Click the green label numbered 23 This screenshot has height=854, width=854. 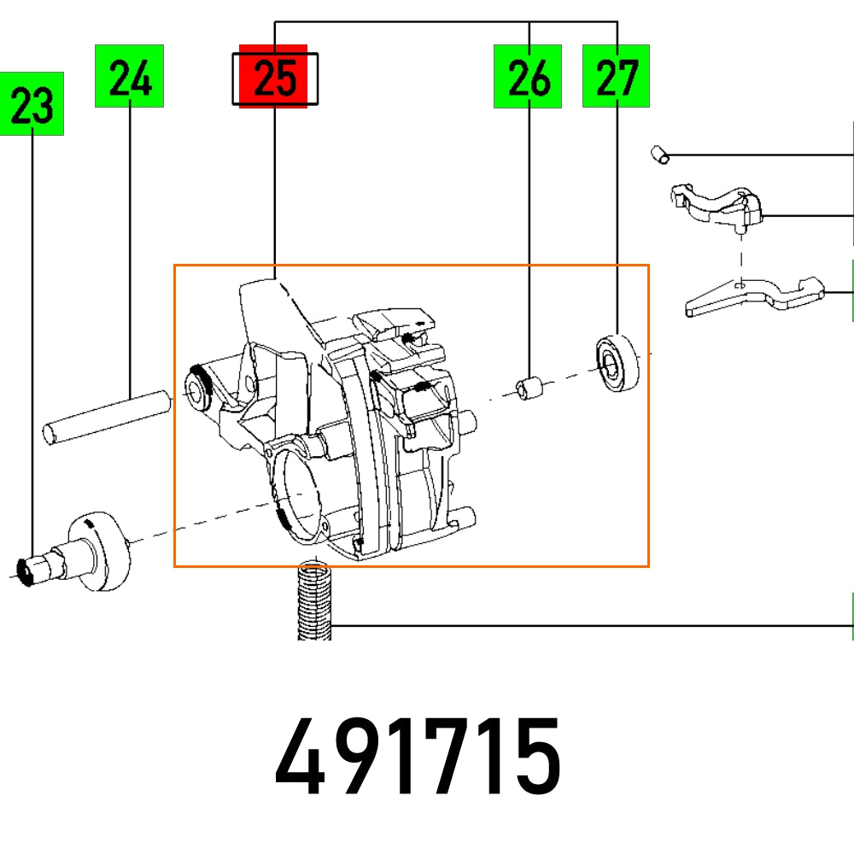pos(32,104)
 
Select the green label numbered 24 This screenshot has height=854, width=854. pos(129,77)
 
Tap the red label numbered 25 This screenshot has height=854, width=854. pos(273,78)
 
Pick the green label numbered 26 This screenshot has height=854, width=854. pos(528,77)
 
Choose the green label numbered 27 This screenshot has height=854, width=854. pos(616,77)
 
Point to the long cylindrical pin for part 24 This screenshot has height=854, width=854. pos(108,415)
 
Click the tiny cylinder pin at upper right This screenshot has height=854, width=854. pos(658,154)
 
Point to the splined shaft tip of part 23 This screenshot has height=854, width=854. pos(31,570)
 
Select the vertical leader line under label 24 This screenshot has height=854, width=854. pos(130,248)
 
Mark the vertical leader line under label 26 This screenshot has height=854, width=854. pos(529,231)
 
